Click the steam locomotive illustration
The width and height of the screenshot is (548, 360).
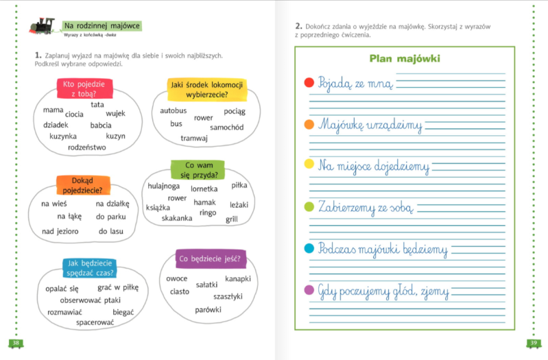pyautogui.click(x=43, y=26)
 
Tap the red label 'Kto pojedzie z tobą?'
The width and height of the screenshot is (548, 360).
pyautogui.click(x=85, y=88)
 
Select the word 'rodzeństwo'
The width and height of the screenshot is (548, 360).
pyautogui.click(x=86, y=147)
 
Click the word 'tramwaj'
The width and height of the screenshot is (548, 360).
pyautogui.click(x=194, y=139)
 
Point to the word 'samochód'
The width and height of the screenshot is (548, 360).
pyautogui.click(x=227, y=128)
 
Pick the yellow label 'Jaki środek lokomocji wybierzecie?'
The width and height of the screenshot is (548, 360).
pyautogui.click(x=207, y=89)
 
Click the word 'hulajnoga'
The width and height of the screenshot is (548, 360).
pyautogui.click(x=163, y=187)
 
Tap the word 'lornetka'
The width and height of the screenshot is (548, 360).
pyautogui.click(x=204, y=189)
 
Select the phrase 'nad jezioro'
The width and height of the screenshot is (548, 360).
pyautogui.click(x=60, y=231)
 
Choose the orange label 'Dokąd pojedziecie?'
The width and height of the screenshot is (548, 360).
pyautogui.click(x=83, y=185)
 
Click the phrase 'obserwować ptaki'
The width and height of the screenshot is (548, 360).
pyautogui.click(x=90, y=300)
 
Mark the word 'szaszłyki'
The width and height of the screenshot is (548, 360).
pyautogui.click(x=228, y=297)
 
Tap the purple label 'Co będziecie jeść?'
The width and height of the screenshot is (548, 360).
pyautogui.click(x=210, y=259)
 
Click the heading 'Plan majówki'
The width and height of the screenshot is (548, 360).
pyautogui.click(x=405, y=58)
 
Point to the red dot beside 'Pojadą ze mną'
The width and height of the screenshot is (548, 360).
pyautogui.click(x=309, y=82)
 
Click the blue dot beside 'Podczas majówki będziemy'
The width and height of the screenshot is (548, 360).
pyautogui.click(x=309, y=248)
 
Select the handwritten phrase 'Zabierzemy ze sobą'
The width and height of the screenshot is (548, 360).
pyautogui.click(x=366, y=208)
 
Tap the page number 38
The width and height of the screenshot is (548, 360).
pyautogui.click(x=16, y=343)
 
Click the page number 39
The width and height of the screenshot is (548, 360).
pyautogui.click(x=534, y=343)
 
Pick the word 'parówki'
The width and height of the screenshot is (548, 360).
pyautogui.click(x=208, y=310)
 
